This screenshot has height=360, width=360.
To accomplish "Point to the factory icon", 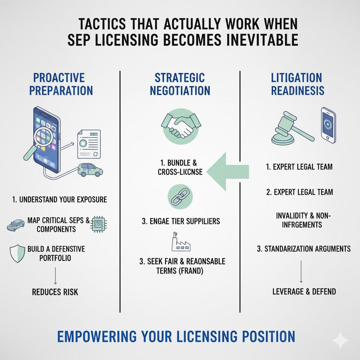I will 179,242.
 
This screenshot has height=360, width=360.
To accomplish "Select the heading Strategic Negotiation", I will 180,84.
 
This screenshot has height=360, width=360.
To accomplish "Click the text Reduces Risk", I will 55,292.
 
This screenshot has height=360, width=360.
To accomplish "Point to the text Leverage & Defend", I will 304,291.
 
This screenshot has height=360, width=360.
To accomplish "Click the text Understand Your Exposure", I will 59,200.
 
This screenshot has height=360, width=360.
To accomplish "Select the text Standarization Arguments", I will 304,249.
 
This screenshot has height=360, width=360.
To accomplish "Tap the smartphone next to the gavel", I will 328,125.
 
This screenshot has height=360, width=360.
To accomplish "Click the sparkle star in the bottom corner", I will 340,340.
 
